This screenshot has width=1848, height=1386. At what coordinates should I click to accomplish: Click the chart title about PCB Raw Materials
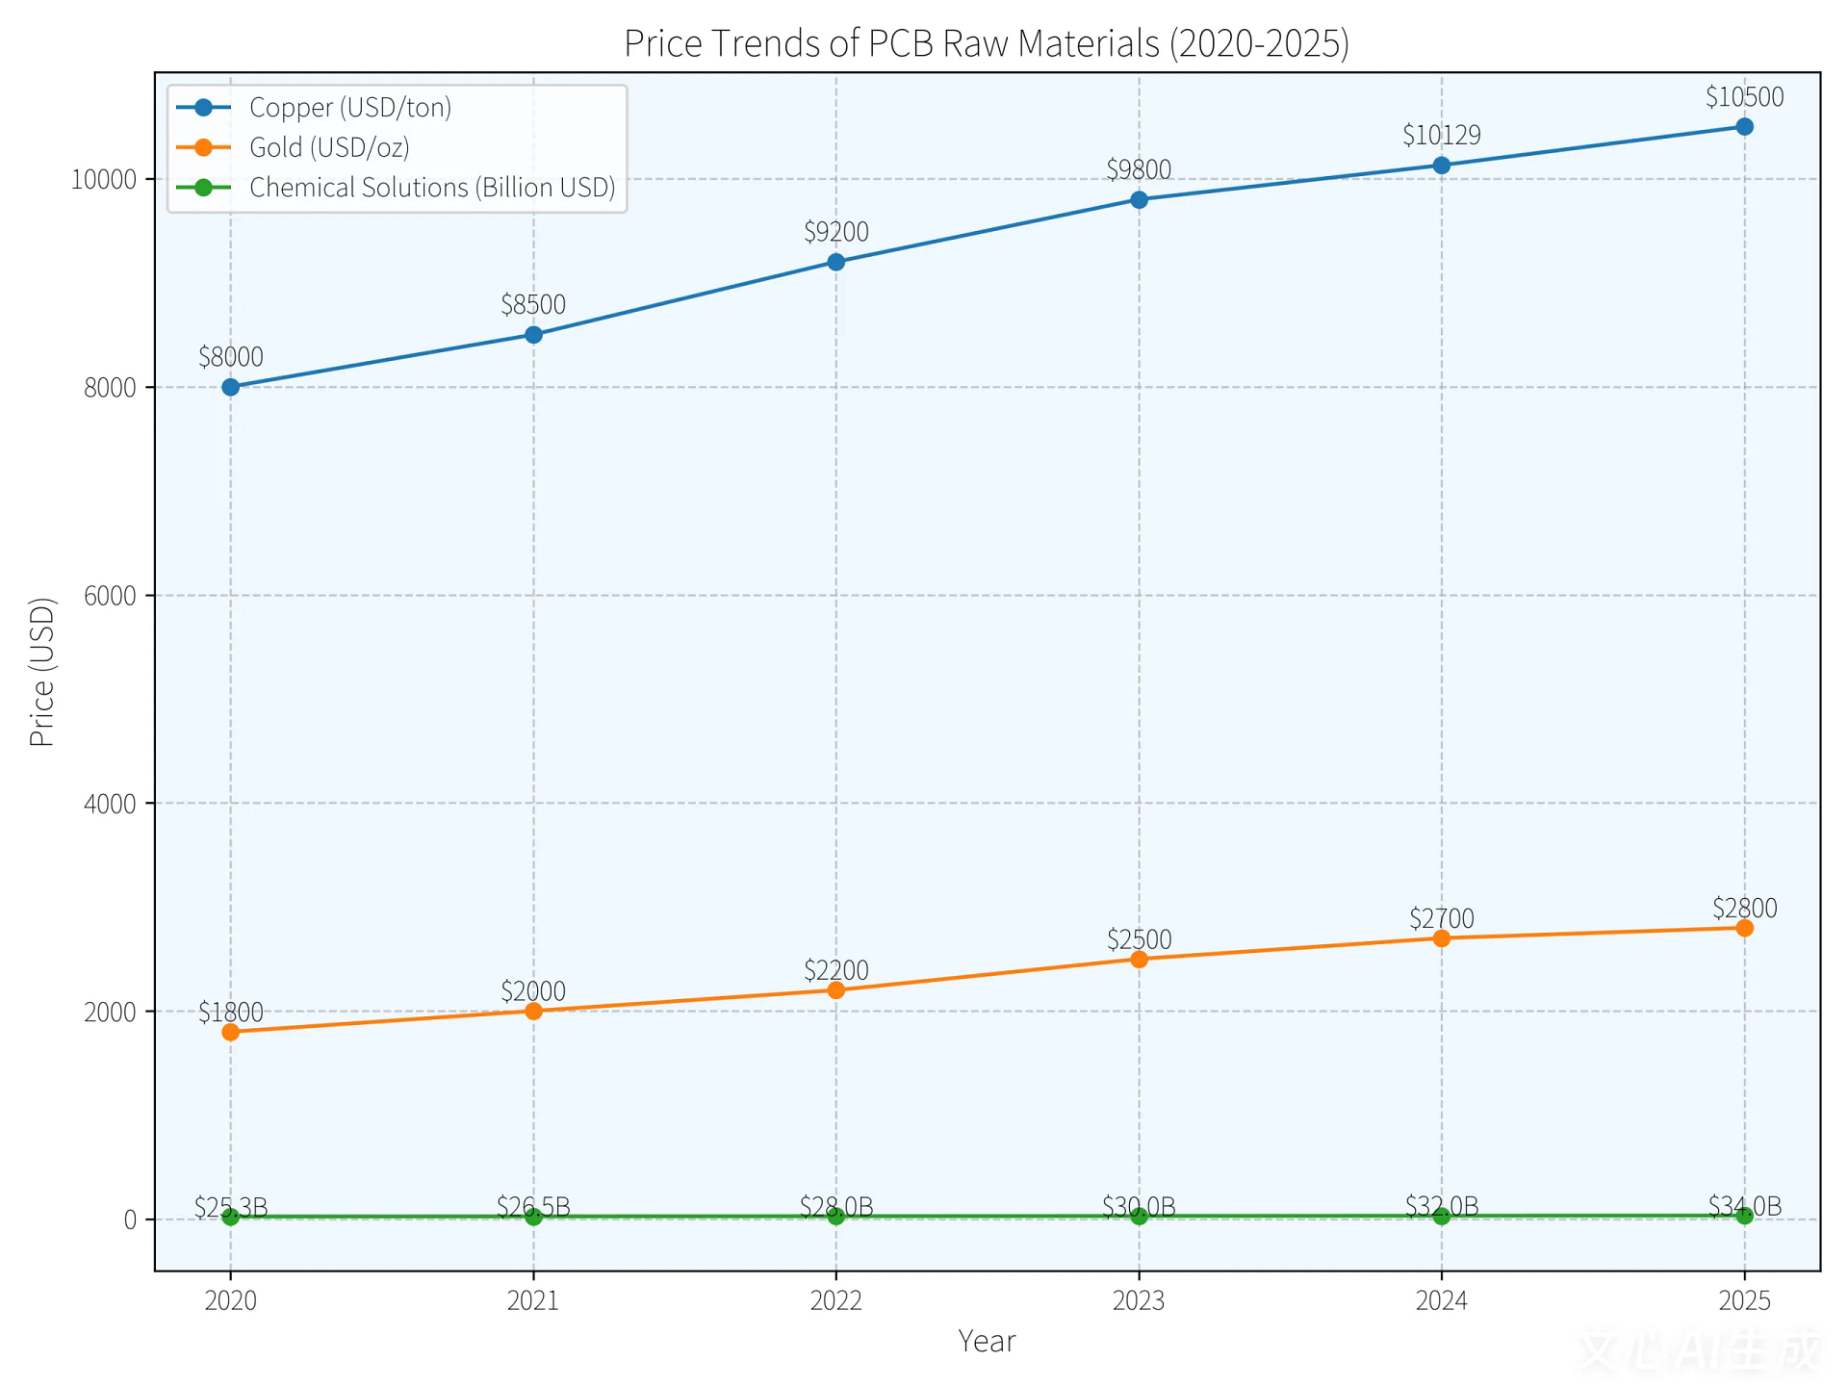coord(987,44)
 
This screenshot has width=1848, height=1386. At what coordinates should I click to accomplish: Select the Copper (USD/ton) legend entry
coord(349,108)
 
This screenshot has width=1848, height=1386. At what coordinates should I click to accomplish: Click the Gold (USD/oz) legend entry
coord(329,147)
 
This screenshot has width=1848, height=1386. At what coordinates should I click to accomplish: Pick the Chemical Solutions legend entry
coord(431,188)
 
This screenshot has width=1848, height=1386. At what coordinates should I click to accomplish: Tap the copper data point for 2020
coord(231,387)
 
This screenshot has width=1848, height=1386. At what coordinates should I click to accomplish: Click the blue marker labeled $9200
coord(835,262)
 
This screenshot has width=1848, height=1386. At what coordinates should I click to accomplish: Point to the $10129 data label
coord(1441,136)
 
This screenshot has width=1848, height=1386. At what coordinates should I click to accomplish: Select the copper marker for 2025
coord(1744,127)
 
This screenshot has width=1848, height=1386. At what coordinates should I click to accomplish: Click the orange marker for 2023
coord(1139,959)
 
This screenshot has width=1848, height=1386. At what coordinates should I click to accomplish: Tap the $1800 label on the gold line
coord(231,1013)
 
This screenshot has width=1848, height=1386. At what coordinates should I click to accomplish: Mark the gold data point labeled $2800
coord(1744,928)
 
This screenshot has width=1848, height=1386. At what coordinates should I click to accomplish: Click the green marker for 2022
coord(835,1216)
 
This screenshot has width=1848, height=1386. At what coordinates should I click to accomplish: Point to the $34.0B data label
coord(1744,1205)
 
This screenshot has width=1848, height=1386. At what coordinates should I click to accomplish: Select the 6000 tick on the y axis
coord(110,596)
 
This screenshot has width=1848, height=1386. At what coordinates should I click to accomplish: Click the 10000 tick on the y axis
coord(104,180)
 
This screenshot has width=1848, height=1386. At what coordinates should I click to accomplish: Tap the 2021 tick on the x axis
coord(533,1301)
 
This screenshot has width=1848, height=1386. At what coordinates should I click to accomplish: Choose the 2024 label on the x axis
coord(1441,1301)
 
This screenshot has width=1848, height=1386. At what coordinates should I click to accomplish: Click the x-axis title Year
coord(987,1341)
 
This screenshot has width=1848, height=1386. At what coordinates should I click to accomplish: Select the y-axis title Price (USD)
coord(42,672)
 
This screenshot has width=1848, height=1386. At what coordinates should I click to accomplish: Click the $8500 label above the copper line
coord(533,305)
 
